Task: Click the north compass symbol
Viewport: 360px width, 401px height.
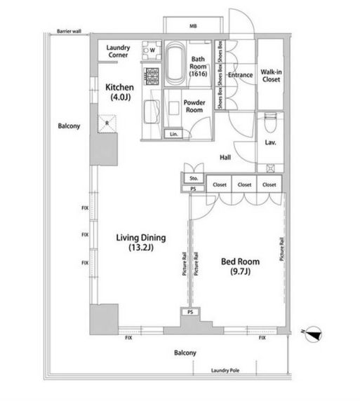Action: pyautogui.click(x=313, y=334)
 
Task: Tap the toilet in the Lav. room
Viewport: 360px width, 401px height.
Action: pyautogui.click(x=270, y=123)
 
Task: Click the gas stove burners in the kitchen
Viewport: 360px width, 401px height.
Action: pyautogui.click(x=152, y=76)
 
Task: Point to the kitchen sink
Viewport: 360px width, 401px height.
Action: pyautogui.click(x=152, y=111)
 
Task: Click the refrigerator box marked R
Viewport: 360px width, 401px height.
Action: pyautogui.click(x=107, y=123)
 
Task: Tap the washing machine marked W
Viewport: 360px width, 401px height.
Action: pyautogui.click(x=152, y=50)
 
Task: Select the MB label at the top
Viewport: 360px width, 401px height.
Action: pyautogui.click(x=193, y=26)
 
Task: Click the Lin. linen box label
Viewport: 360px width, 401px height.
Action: pyautogui.click(x=173, y=134)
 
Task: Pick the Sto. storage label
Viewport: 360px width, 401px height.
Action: pyautogui.click(x=194, y=179)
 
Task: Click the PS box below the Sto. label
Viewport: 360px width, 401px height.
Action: pyautogui.click(x=193, y=189)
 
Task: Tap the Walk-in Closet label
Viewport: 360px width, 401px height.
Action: pyautogui.click(x=271, y=76)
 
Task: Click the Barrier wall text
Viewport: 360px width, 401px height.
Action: pyautogui.click(x=69, y=32)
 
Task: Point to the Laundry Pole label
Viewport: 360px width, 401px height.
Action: pyautogui.click(x=225, y=370)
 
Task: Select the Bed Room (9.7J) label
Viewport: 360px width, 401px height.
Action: pyautogui.click(x=240, y=266)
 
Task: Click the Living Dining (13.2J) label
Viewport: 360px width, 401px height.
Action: pyautogui.click(x=141, y=242)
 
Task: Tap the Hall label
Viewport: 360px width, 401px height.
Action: pyautogui.click(x=225, y=157)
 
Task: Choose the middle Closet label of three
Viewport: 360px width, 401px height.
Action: pyautogui.click(x=244, y=184)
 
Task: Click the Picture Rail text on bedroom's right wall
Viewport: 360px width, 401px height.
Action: pyautogui.click(x=281, y=250)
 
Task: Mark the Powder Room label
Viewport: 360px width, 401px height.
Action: pyautogui.click(x=194, y=106)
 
